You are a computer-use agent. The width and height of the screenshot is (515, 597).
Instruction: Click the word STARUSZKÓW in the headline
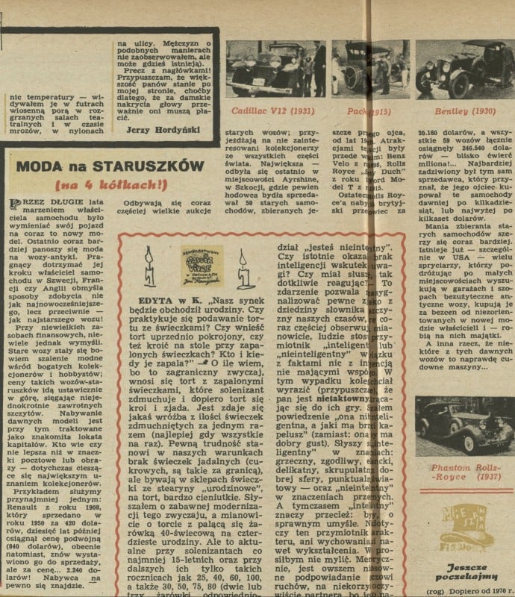click(x=129, y=166)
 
